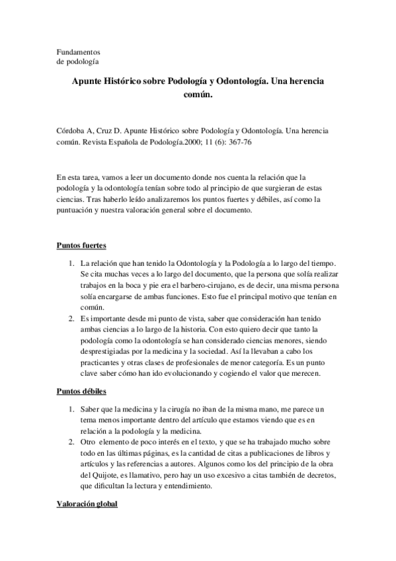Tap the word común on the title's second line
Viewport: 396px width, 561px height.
[197, 95]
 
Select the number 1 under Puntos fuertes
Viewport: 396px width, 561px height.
[71, 264]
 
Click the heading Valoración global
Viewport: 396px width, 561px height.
[87, 504]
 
